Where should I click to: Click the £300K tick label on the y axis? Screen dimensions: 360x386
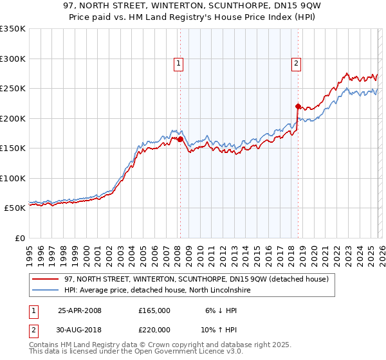tap(13, 59)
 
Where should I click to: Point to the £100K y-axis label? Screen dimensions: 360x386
tap(13, 178)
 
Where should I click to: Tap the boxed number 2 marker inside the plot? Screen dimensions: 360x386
tap(295, 63)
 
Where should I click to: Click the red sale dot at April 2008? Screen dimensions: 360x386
tap(180, 139)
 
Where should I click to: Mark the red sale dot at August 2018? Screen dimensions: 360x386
tap(298, 106)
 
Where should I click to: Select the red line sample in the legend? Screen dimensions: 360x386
tap(46, 279)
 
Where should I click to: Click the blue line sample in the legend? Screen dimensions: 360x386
tap(46, 290)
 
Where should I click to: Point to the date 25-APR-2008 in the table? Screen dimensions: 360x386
tap(80, 310)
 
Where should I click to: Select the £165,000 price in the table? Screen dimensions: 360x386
tap(154, 310)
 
